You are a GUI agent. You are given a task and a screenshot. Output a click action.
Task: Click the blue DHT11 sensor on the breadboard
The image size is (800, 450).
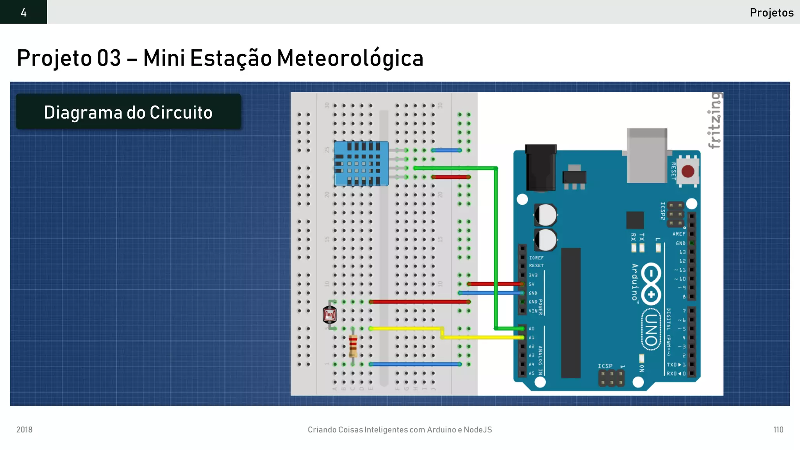361,163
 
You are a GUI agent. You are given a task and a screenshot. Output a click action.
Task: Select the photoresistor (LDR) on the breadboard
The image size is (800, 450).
330,315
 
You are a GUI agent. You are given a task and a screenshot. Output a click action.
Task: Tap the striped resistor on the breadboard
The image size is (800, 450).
353,345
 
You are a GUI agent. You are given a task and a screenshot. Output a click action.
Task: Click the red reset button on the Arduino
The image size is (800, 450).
687,171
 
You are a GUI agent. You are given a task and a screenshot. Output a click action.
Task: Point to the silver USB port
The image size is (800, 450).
647,155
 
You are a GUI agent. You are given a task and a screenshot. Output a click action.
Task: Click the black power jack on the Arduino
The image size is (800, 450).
541,168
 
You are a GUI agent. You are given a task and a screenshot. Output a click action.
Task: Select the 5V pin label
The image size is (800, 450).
532,284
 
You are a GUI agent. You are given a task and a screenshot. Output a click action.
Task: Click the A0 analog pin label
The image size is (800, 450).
532,329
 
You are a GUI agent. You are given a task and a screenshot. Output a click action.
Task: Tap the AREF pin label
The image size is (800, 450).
679,234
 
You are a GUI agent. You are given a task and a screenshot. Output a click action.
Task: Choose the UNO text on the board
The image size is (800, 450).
650,330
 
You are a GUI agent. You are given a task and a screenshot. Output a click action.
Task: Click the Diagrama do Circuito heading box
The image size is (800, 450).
128,112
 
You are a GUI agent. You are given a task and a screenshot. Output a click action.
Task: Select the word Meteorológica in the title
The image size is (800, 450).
350,58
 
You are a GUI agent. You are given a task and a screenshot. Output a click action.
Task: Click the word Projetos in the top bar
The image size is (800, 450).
771,12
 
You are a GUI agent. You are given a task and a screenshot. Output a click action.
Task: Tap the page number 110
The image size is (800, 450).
778,430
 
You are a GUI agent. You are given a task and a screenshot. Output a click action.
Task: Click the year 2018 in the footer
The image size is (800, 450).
24,430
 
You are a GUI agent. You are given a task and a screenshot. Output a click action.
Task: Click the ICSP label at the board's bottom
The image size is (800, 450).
605,366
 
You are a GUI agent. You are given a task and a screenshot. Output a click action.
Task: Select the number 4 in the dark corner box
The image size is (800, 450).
23,12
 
